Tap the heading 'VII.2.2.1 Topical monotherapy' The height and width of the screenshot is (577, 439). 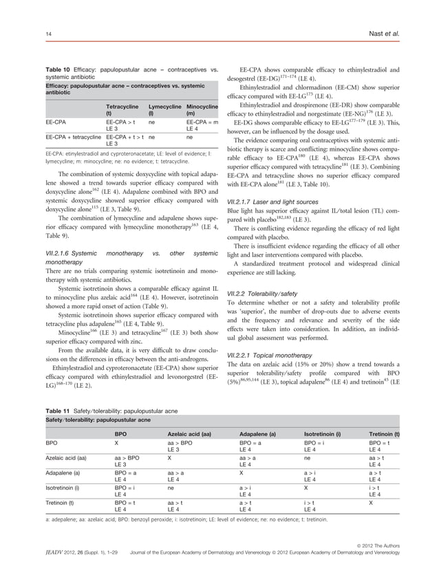[x=275, y=354]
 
